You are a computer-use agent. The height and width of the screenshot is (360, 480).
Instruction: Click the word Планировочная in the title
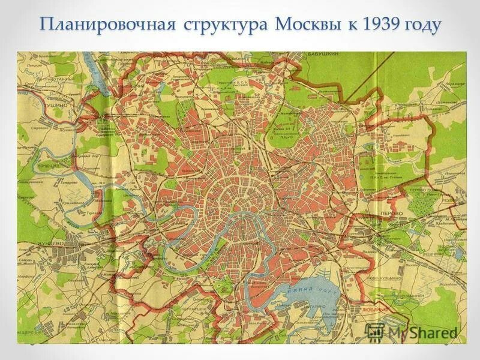click(107, 25)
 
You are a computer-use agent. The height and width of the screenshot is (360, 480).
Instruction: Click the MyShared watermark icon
click(375, 331)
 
